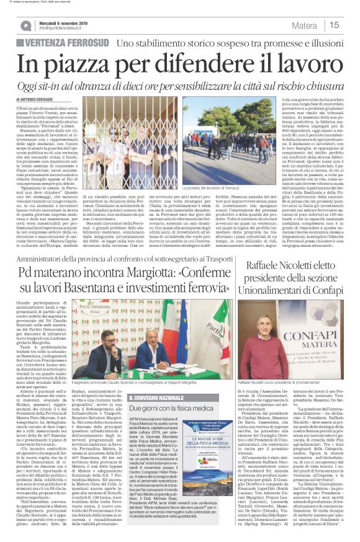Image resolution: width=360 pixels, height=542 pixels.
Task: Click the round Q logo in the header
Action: (26, 25)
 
